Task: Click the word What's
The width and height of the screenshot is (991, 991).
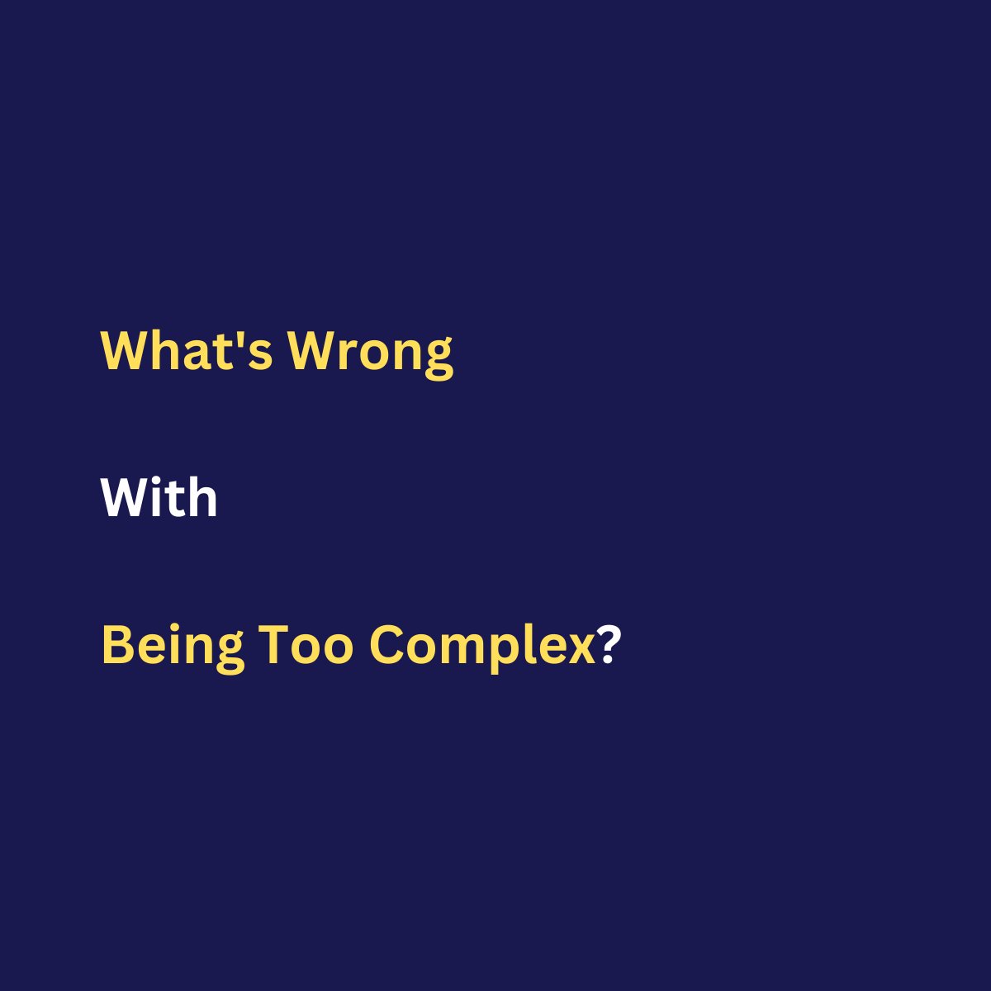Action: (x=187, y=350)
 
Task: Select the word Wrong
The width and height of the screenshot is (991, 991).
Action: (x=371, y=352)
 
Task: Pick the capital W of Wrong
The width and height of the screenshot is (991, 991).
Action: (x=313, y=350)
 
